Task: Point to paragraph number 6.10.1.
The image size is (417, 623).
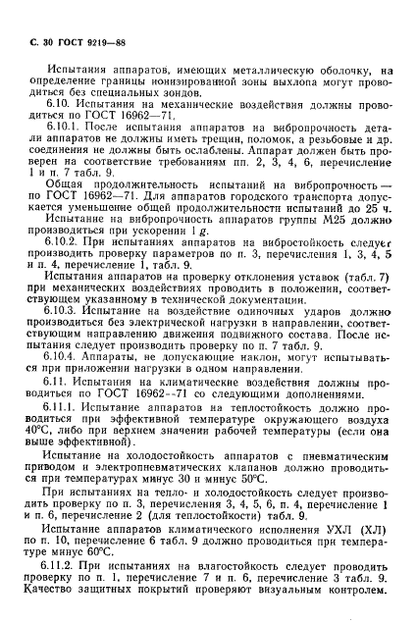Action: (x=63, y=143)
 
